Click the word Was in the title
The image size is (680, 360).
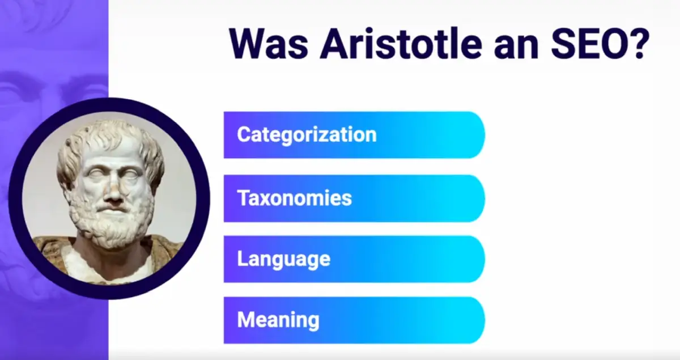point(269,44)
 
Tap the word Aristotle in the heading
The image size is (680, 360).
point(401,43)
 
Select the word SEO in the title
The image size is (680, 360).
point(587,44)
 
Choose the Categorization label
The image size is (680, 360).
point(307,134)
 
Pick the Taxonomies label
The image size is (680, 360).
point(294,198)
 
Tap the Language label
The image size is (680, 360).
point(283,260)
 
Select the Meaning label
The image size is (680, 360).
point(278,320)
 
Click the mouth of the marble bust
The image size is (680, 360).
point(112,210)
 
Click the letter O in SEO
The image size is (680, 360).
point(609,44)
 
